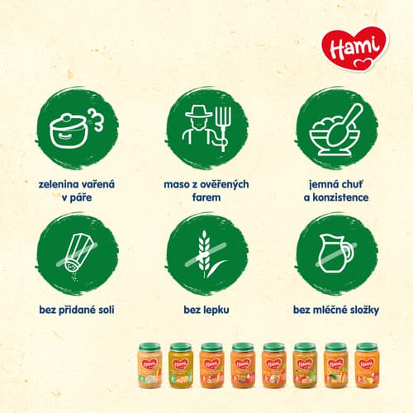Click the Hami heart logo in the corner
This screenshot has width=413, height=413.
(355, 48)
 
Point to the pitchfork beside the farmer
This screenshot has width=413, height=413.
(222, 128)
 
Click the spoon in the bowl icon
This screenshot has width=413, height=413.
(345, 124)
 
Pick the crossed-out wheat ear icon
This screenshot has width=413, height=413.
(206, 254)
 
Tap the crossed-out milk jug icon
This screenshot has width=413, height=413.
(336, 254)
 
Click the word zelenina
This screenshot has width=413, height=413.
(57, 184)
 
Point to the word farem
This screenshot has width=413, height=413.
(206, 197)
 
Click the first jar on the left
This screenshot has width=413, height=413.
(150, 365)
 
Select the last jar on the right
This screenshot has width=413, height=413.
(367, 365)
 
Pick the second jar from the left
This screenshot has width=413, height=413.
(181, 365)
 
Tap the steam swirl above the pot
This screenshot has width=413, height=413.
(97, 119)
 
